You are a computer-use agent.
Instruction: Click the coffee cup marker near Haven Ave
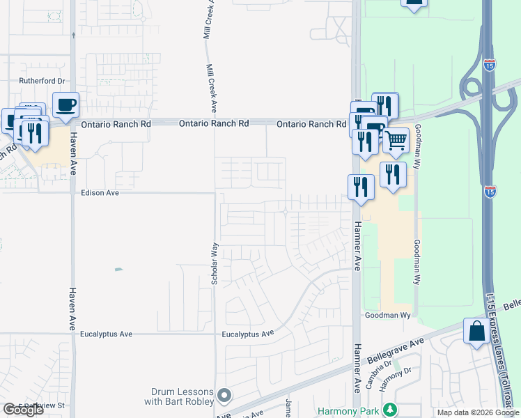[x=66, y=105]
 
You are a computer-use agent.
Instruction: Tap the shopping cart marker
[x=396, y=140]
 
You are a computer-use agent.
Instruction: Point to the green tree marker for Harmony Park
[x=391, y=410]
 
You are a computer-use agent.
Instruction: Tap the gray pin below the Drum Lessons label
[x=224, y=396]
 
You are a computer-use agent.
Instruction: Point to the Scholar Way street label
[x=215, y=263]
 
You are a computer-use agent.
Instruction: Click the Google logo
[x=23, y=410]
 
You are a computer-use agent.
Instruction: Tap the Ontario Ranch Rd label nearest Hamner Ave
[x=311, y=124]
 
